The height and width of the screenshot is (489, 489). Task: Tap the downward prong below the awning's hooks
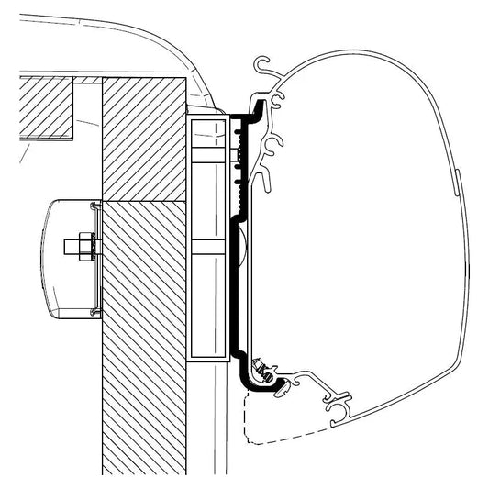click(x=268, y=183)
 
